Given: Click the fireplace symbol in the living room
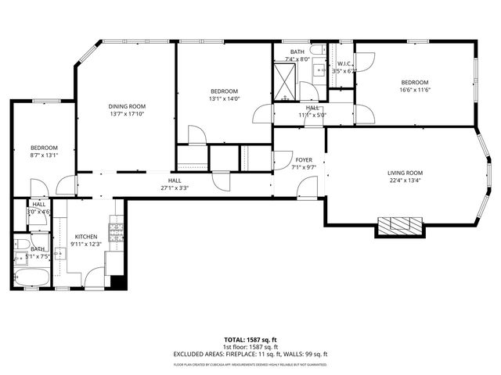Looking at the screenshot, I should point(400,227).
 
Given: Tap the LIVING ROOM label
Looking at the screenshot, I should point(405,173).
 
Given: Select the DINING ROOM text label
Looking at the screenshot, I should point(126,106).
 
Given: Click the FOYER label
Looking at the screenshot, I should point(304,159).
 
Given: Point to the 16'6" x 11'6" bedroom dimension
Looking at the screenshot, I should point(415,90).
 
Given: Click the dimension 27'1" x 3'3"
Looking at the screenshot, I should point(175,187).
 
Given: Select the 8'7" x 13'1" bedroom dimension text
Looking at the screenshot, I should point(44,155).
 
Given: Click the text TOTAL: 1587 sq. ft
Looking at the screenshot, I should point(250,340).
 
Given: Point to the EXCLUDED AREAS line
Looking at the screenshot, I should point(250,354).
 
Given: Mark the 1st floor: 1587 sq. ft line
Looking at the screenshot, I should point(250,347).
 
